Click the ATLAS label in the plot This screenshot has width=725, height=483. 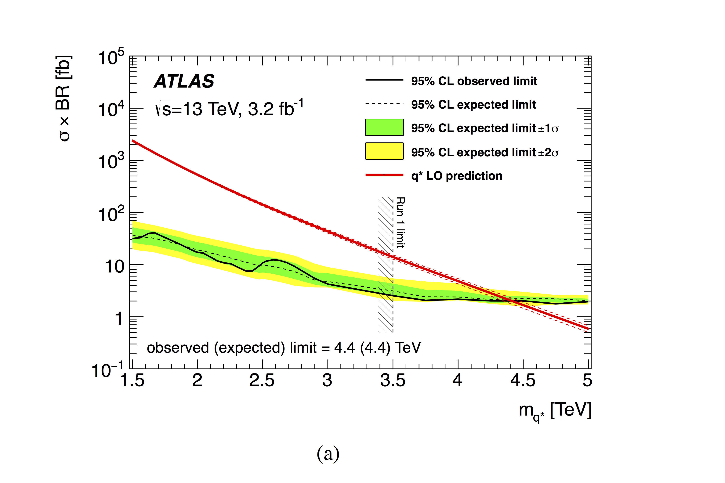pyautogui.click(x=184, y=81)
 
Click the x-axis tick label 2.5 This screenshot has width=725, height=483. pyautogui.click(x=262, y=380)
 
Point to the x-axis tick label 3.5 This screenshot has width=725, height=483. pyautogui.click(x=393, y=380)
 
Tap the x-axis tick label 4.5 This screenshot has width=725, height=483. pyautogui.click(x=523, y=380)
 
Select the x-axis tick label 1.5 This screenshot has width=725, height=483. pyautogui.click(x=132, y=380)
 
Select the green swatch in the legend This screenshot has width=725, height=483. pyautogui.click(x=384, y=127)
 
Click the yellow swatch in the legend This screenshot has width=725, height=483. pyautogui.click(x=384, y=151)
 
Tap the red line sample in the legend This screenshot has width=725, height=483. pyautogui.click(x=384, y=175)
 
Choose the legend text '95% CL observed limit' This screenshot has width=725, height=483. pyautogui.click(x=474, y=81)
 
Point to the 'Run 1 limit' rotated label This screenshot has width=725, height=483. pyautogui.click(x=400, y=222)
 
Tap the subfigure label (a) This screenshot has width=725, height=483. pyautogui.click(x=328, y=454)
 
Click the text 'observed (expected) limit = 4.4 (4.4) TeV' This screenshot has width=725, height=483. pyautogui.click(x=284, y=348)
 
